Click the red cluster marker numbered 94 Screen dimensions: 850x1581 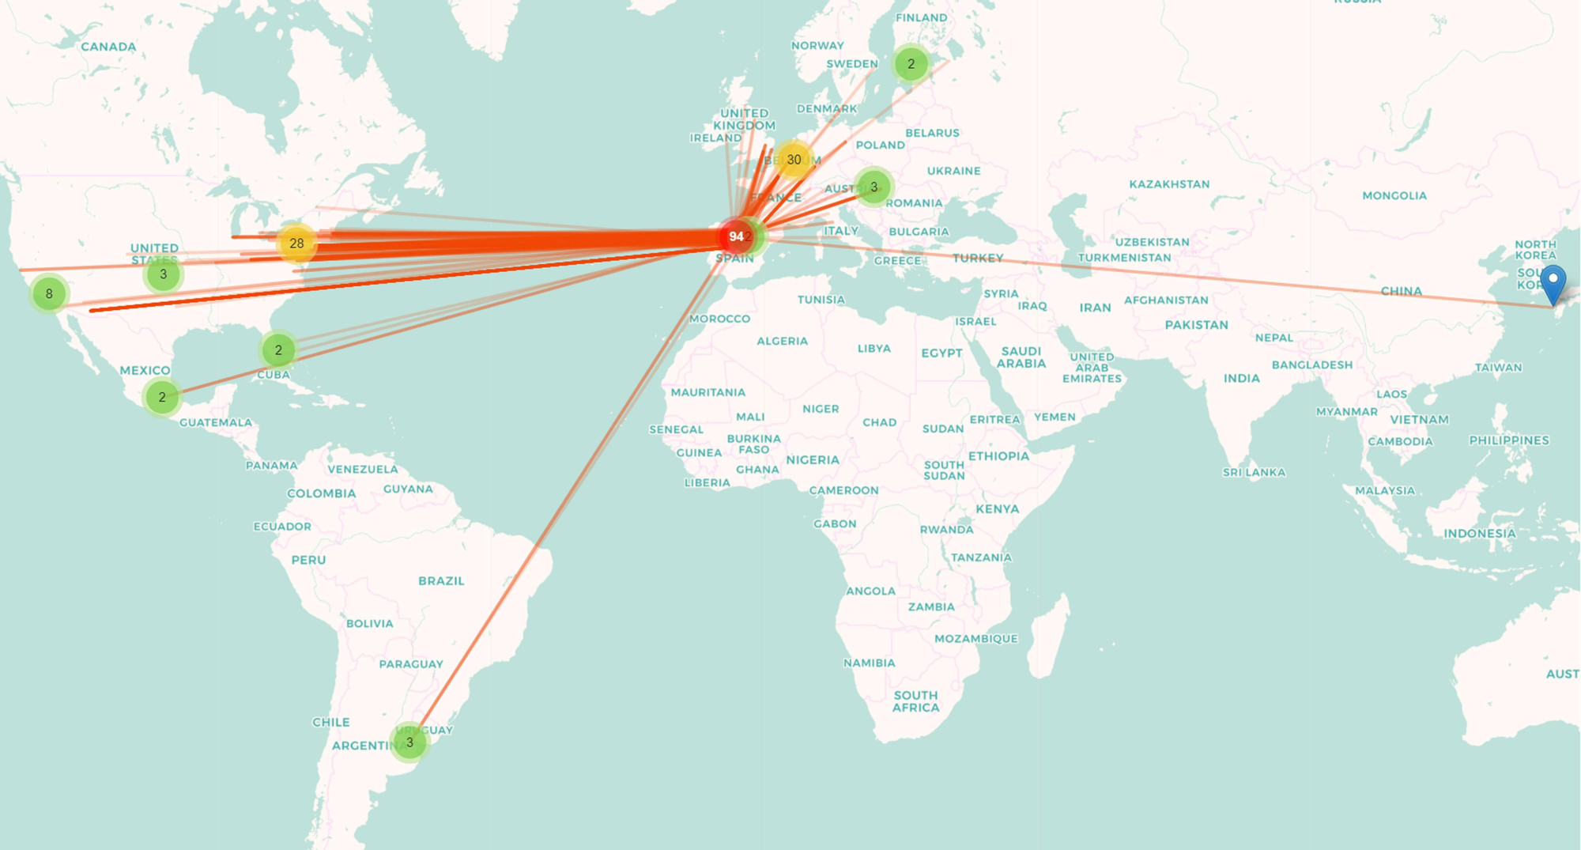click(x=736, y=236)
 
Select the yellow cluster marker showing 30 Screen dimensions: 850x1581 click(x=794, y=160)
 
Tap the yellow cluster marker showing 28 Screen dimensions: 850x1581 click(x=296, y=243)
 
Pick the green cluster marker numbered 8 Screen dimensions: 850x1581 click(x=49, y=294)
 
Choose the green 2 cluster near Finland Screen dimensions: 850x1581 click(x=911, y=64)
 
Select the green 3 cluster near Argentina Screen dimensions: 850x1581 click(x=409, y=742)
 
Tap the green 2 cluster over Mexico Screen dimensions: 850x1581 click(x=162, y=397)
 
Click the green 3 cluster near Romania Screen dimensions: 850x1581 click(x=874, y=187)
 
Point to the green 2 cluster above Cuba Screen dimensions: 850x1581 click(x=278, y=349)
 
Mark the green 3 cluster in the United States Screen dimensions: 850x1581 click(x=164, y=274)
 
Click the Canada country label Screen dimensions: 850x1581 click(x=108, y=47)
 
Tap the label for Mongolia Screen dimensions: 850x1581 click(x=1394, y=195)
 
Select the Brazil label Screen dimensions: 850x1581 click(x=441, y=580)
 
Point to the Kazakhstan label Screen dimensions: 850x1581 click(x=1169, y=184)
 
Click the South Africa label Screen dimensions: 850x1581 click(x=916, y=701)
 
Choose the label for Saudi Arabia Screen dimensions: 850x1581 click(x=1021, y=357)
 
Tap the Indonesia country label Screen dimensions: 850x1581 click(x=1480, y=534)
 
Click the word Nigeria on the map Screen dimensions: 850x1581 click(x=813, y=459)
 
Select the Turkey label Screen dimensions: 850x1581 click(x=978, y=258)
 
